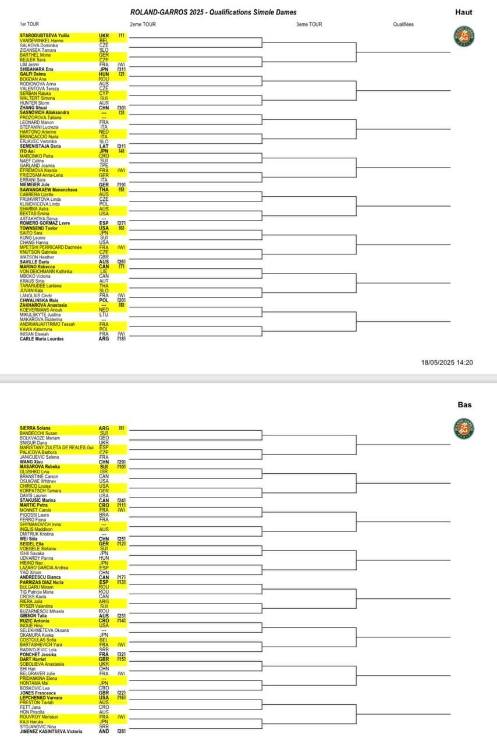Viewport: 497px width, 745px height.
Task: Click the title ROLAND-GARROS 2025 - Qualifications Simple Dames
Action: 213,12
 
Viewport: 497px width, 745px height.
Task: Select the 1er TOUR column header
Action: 29,24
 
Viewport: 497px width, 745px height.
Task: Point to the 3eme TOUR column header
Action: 308,24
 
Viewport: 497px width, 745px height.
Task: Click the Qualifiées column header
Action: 403,24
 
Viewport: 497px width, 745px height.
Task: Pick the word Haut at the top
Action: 464,12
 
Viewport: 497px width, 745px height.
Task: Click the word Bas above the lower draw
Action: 464,405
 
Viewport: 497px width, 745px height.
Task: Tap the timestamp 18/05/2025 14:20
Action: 447,363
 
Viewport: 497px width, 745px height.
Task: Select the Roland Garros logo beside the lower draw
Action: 464,428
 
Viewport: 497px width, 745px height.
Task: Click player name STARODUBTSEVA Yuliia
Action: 45,36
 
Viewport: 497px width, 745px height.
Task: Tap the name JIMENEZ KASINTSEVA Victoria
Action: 51,730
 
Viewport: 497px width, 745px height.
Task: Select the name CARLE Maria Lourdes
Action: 42,339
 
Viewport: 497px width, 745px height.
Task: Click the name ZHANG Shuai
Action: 34,108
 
